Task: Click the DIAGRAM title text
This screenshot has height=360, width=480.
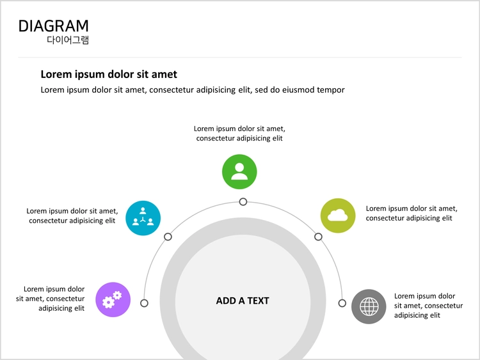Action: pos(54,26)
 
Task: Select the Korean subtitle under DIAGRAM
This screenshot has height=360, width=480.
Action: pos(68,40)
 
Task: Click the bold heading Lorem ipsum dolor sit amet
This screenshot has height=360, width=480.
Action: pos(109,74)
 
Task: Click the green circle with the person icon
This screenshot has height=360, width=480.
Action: pos(239,171)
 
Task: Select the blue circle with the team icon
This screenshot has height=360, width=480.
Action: pos(143,218)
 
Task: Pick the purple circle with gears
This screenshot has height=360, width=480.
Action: pos(113,299)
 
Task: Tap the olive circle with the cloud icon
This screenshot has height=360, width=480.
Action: pos(338,215)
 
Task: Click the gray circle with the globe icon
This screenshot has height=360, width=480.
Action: pos(369,306)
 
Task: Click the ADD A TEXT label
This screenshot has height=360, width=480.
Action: pos(243,301)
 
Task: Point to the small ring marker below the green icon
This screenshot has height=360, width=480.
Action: pos(243,202)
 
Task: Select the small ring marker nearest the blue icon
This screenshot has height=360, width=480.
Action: pos(168,237)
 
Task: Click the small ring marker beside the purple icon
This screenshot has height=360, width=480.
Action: pos(144,303)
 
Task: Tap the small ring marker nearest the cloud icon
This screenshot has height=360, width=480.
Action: pos(318,237)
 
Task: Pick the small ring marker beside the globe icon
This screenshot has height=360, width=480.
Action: pos(342,303)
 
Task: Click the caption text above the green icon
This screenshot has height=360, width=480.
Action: pos(239,134)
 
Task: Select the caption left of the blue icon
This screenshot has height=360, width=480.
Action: pos(72,215)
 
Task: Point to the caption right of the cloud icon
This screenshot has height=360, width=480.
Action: pos(412,213)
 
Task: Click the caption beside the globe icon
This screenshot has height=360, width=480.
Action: pos(428,306)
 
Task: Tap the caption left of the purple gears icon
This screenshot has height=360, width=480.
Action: pos(51,299)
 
